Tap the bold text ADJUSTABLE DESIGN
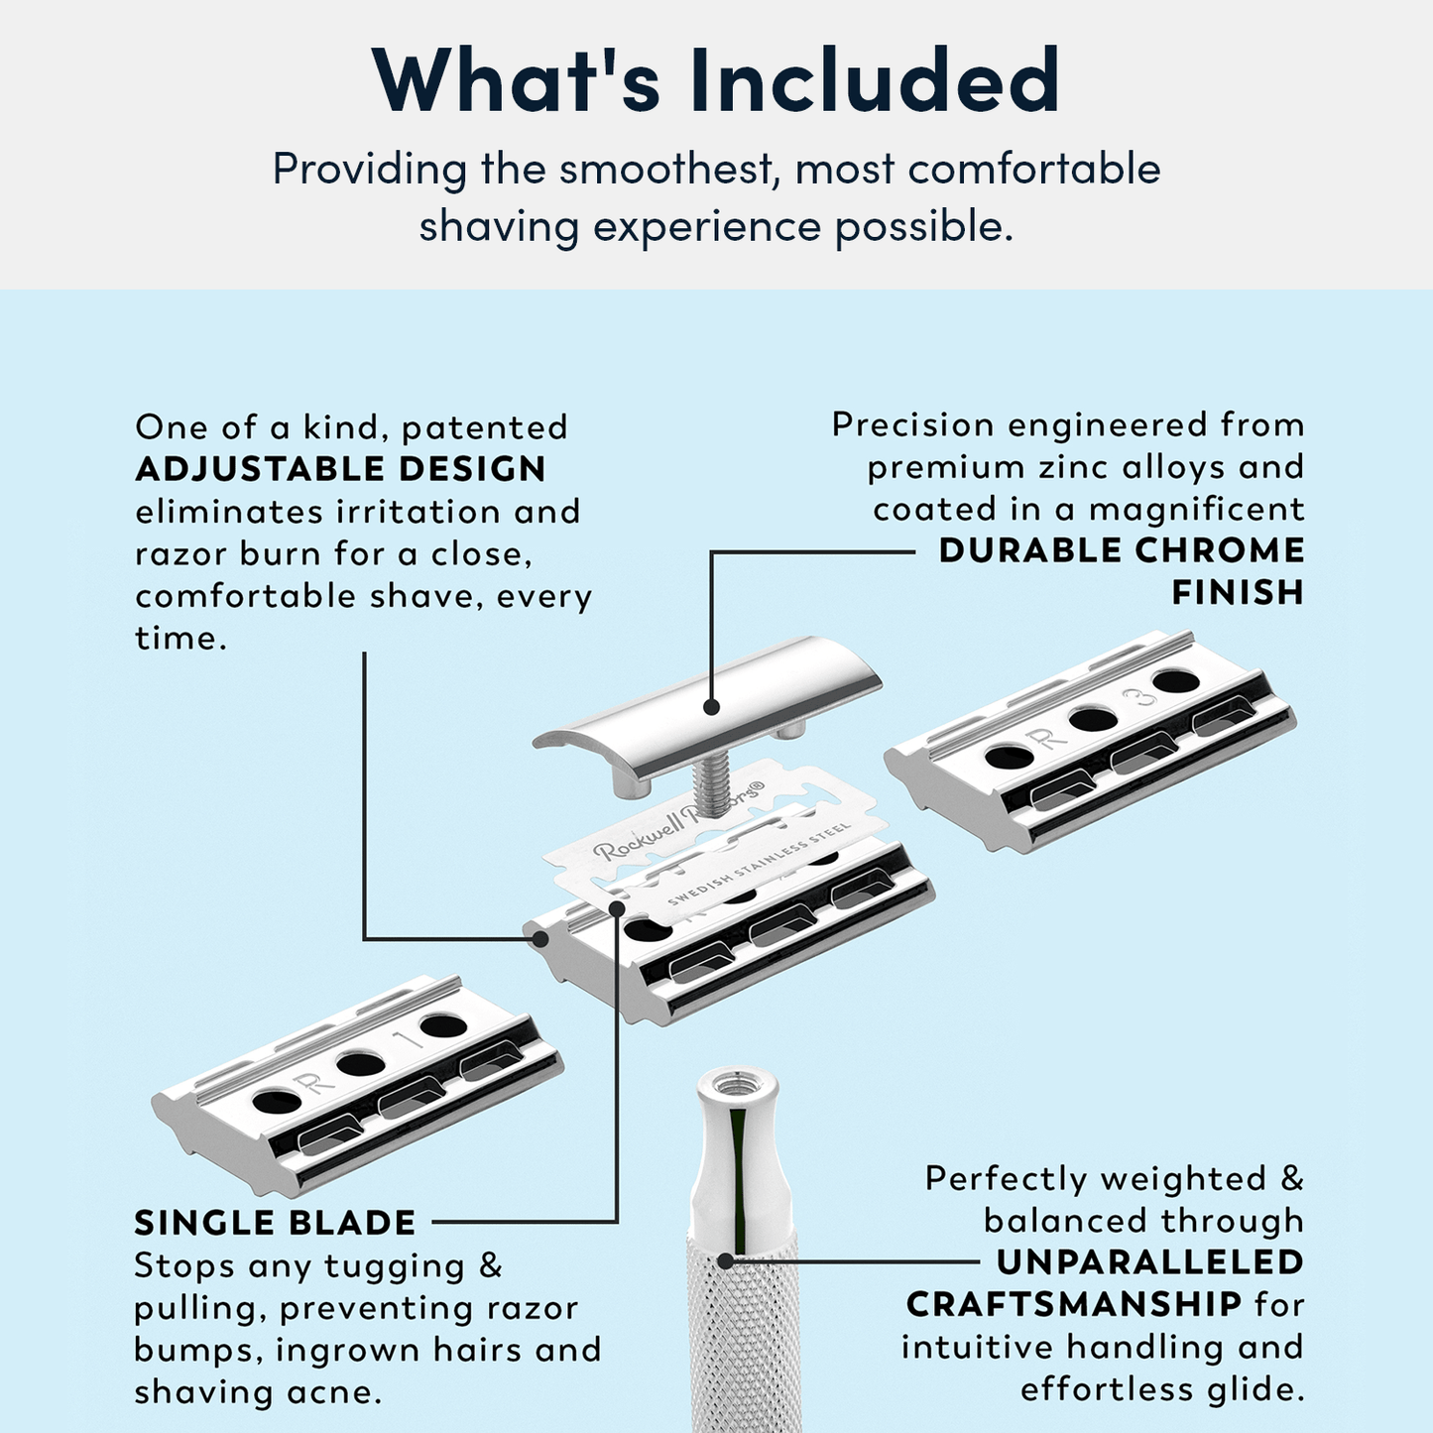(340, 469)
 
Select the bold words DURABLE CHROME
(1122, 550)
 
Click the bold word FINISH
(1238, 593)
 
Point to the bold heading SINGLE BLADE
(275, 1223)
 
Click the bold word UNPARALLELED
(1150, 1262)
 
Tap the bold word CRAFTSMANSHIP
(1074, 1304)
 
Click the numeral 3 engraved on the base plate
(1145, 697)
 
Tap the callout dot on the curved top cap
(710, 707)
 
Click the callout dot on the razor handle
(725, 1261)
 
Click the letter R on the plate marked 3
(1047, 738)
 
